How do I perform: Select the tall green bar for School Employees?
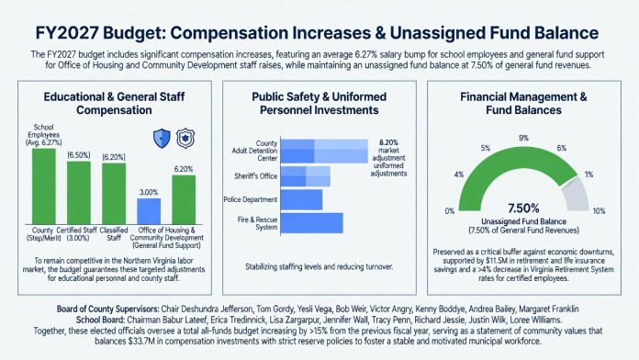43,186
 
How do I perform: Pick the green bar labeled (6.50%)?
79,193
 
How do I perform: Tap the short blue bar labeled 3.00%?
149,211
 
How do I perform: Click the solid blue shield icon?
162,138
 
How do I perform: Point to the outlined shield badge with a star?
185,138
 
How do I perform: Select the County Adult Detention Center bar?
324,152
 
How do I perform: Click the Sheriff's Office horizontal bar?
306,176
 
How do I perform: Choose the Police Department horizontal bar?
301,200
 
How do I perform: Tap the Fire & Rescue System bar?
312,223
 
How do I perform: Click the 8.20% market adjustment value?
388,142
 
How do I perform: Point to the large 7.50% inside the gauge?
523,208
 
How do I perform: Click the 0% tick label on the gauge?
450,211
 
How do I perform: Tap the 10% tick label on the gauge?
599,211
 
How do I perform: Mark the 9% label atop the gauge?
523,138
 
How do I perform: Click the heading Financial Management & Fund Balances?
523,104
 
